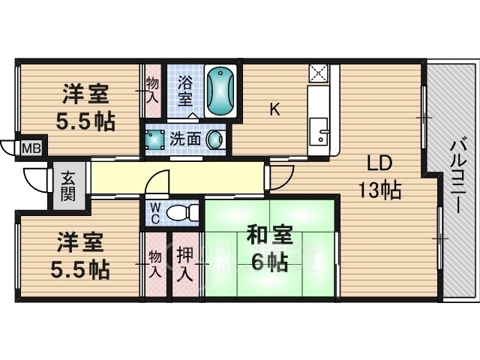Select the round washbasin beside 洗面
click(215, 139)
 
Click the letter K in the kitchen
click(274, 110)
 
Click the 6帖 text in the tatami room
click(268, 262)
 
